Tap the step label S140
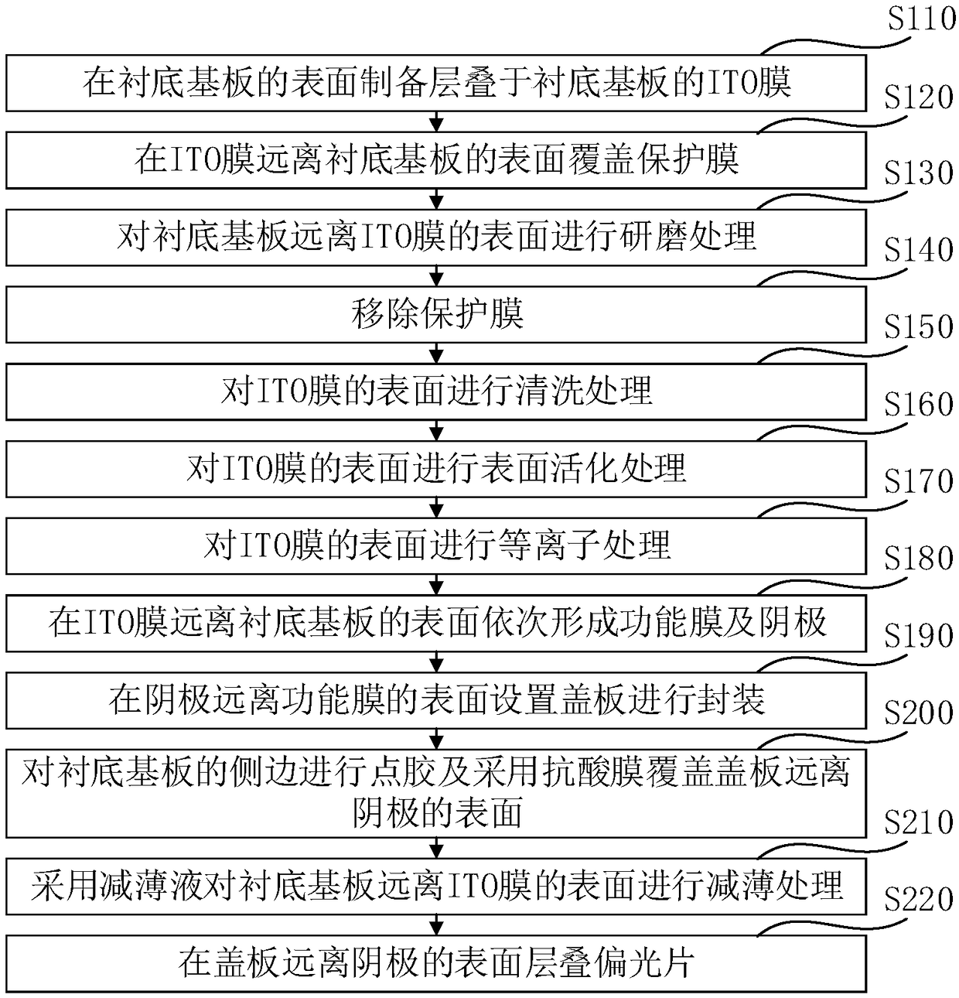[919, 250]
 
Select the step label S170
[919, 481]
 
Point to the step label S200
[919, 713]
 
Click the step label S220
[919, 899]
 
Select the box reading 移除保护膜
[436, 315]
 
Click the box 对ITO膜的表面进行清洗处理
[436, 391]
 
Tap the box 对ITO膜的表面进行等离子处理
[436, 546]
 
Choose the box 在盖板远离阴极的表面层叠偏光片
[436, 964]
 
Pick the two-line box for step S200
[436, 792]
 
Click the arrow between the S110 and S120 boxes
[437, 121]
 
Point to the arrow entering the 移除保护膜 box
[437, 276]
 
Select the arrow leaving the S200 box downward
[437, 848]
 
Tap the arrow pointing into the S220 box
[437, 925]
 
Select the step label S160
[919, 404]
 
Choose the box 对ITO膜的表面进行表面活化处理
[436, 469]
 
